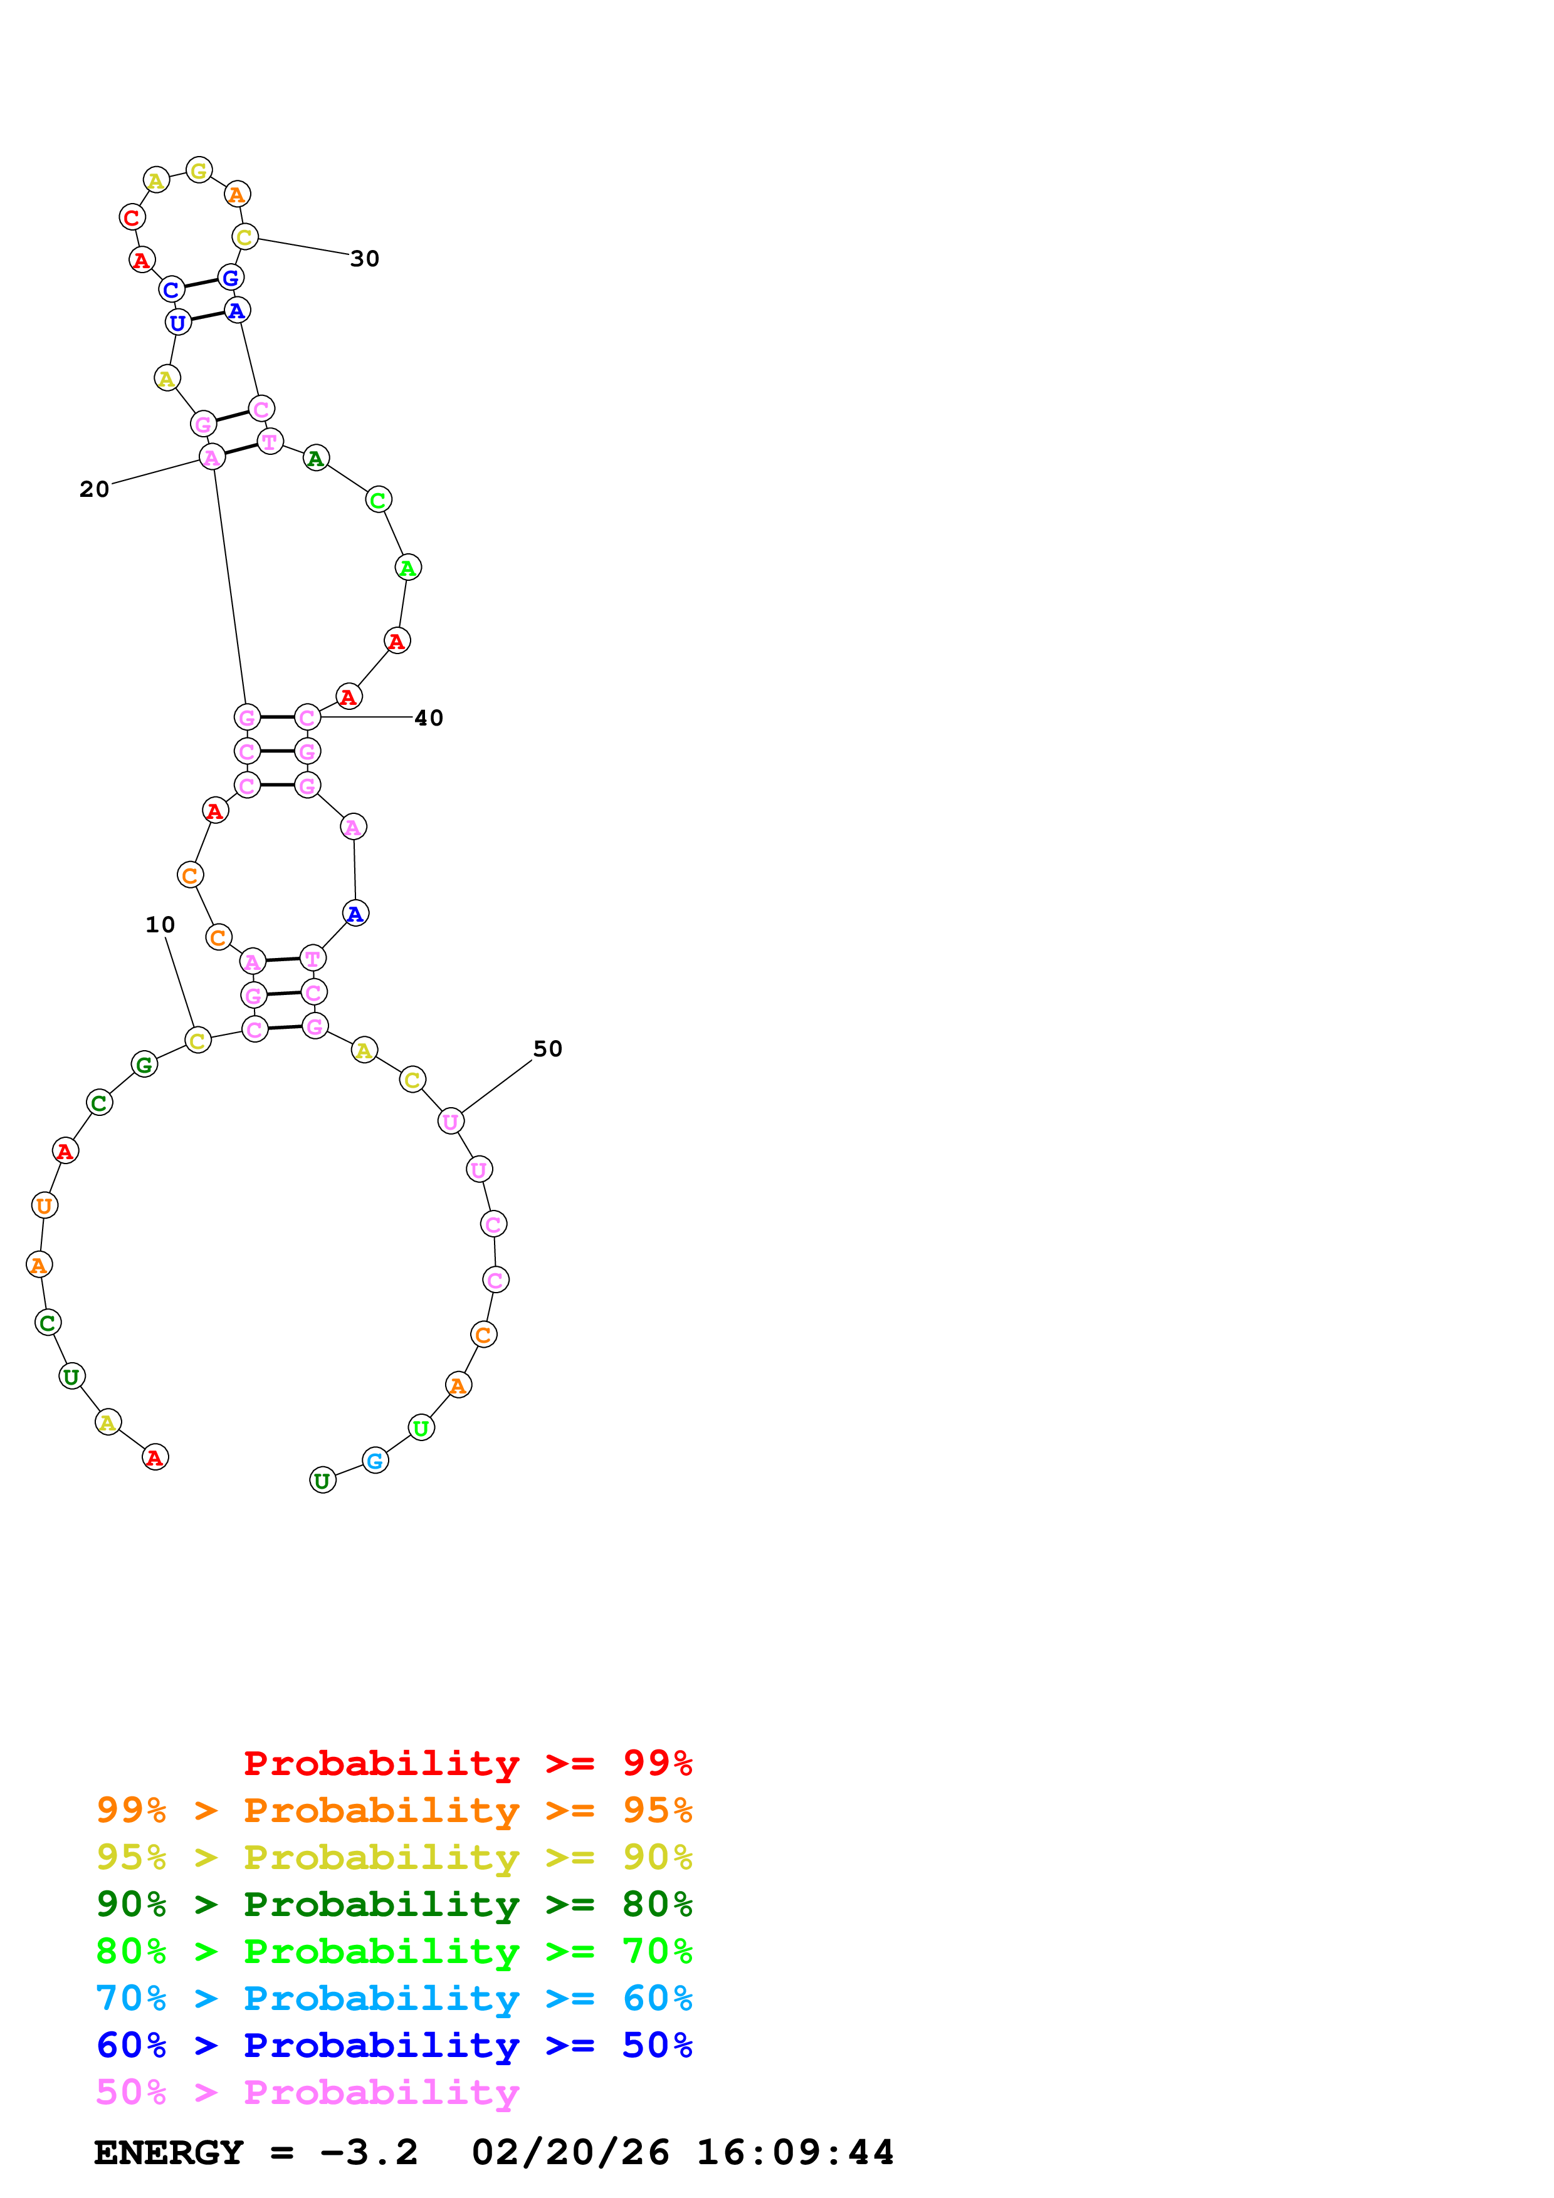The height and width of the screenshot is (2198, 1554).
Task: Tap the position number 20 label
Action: [94, 489]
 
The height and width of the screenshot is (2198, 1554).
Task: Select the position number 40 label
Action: [428, 718]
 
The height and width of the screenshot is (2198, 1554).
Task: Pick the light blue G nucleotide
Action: [375, 1461]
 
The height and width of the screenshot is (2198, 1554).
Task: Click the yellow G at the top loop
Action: [199, 170]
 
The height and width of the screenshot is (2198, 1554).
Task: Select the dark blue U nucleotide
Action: [178, 323]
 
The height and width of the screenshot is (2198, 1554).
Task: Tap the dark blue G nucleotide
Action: [231, 278]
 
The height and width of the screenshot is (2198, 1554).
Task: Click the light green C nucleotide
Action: [378, 500]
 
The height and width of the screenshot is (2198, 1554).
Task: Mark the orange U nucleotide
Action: [44, 1206]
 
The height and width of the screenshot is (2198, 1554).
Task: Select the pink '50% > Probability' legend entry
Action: [307, 2093]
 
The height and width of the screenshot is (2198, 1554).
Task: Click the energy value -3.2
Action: [369, 2153]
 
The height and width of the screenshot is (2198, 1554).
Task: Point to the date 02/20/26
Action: [570, 2153]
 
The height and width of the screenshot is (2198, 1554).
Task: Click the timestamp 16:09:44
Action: [795, 2153]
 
